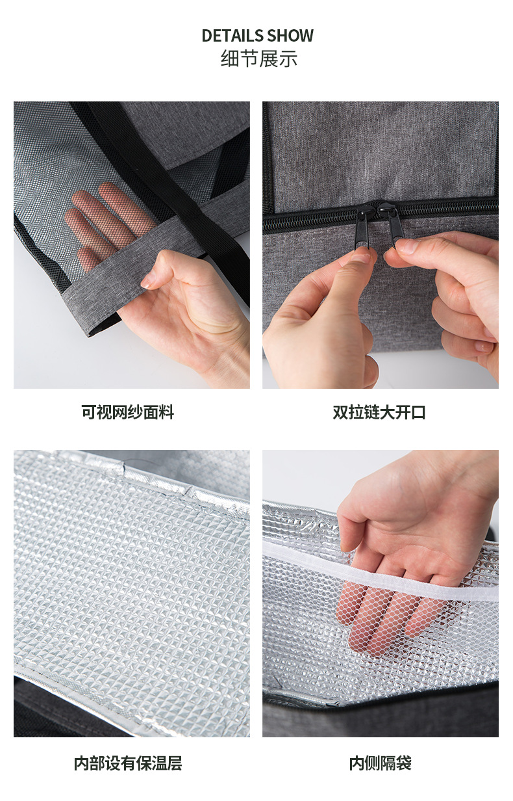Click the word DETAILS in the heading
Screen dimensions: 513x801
pos(232,36)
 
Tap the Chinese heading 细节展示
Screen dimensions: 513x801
pos(258,59)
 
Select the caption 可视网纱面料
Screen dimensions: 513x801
pos(127,412)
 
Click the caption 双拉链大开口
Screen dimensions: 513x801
pos(379,412)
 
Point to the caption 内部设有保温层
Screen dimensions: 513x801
pos(128,763)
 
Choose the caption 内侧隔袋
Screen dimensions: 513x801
pos(380,763)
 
